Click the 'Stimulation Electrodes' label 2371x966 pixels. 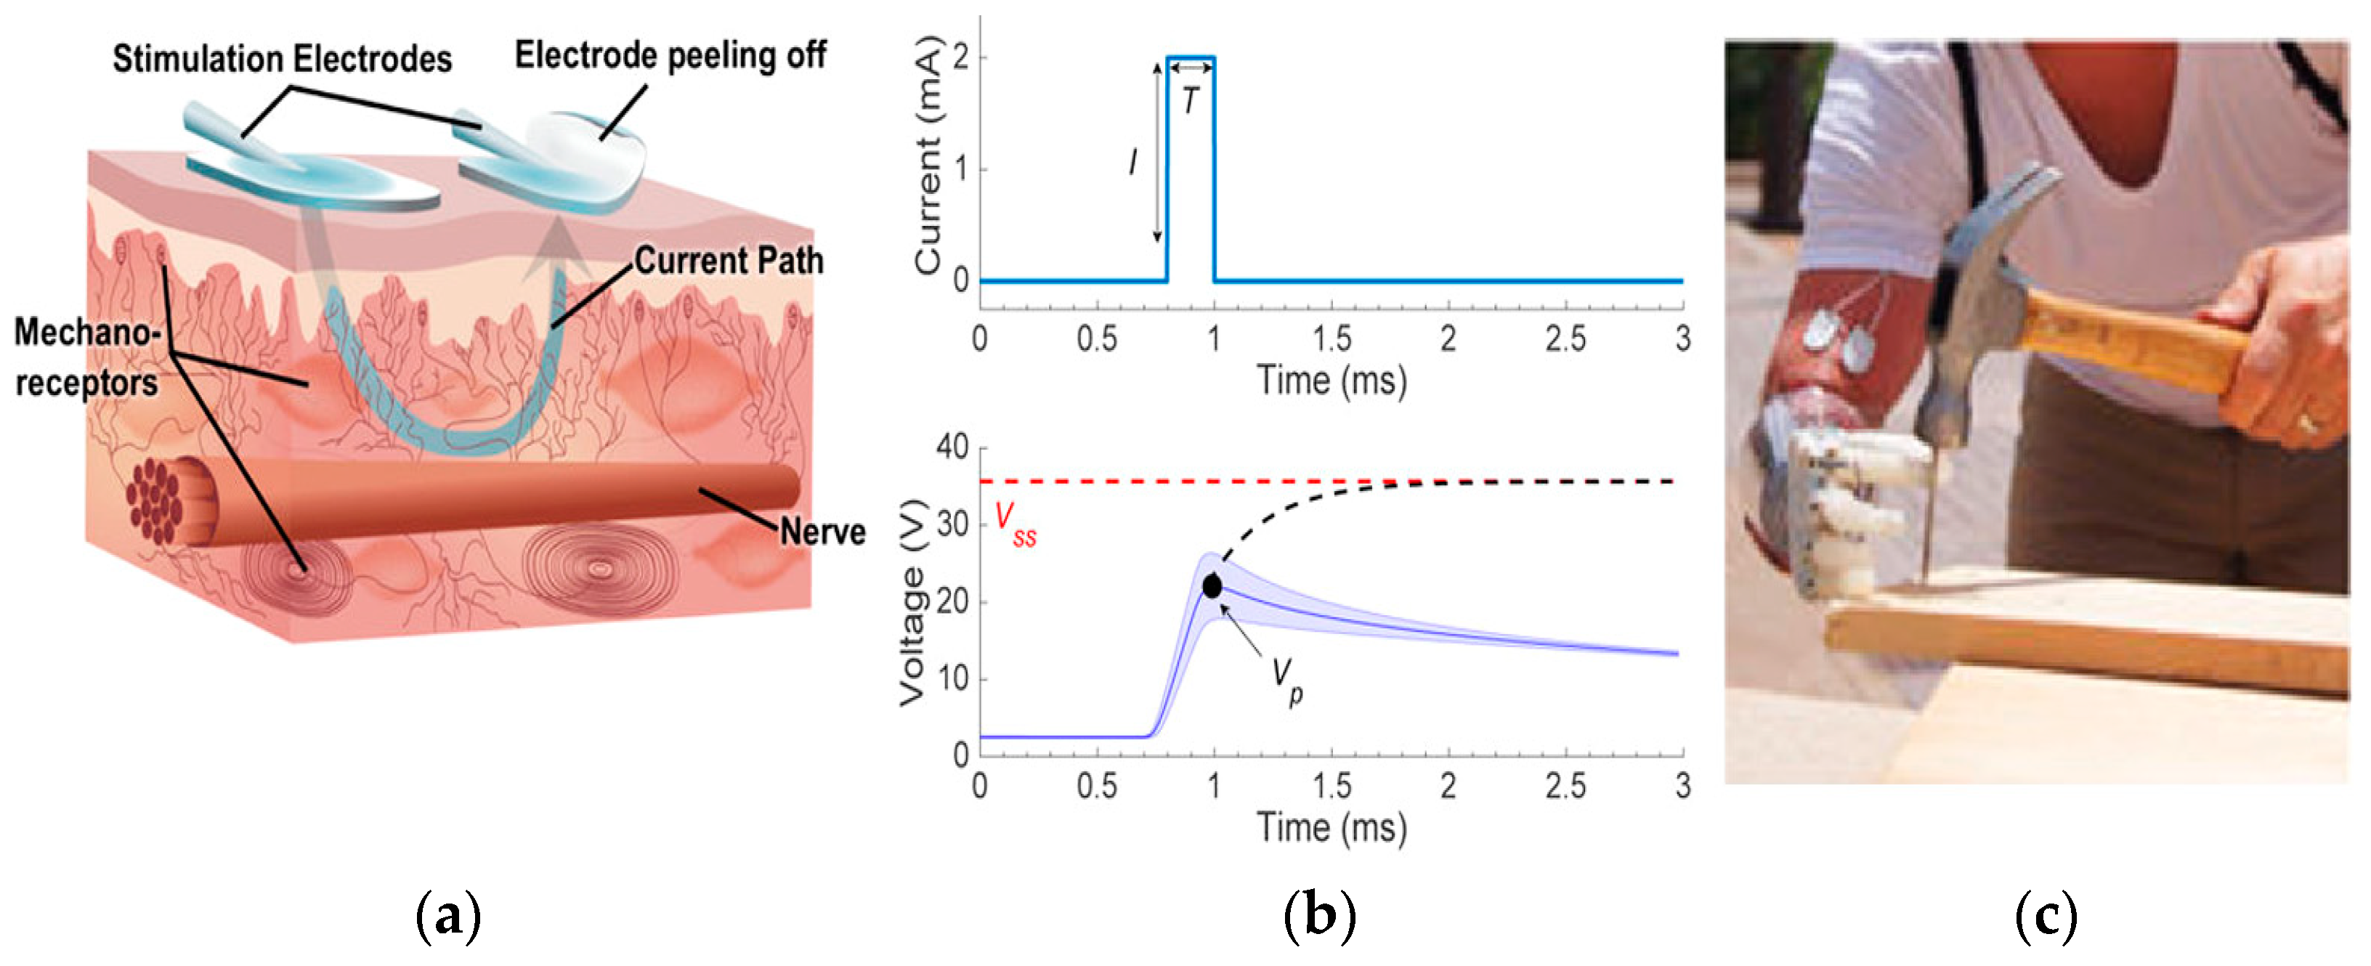point(282,60)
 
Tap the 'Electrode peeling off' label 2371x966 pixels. point(669,56)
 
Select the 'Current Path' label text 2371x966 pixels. point(728,261)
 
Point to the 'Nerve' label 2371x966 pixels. point(822,532)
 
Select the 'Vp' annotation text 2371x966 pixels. point(1286,681)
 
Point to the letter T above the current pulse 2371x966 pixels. point(1190,100)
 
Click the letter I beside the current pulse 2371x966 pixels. point(1132,163)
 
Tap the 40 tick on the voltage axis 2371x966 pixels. point(952,448)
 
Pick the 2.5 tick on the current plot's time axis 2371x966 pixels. point(1565,339)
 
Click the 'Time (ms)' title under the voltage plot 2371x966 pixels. point(1331,827)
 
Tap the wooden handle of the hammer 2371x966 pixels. point(2136,341)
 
